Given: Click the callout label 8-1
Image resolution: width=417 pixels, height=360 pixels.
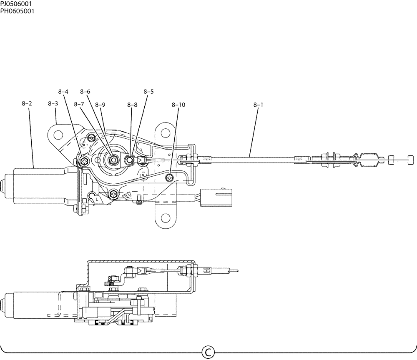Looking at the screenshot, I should tap(258, 105).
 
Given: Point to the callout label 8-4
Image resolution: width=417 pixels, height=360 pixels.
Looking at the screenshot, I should tap(63, 91).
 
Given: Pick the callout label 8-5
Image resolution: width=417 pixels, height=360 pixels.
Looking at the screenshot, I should tap(148, 91).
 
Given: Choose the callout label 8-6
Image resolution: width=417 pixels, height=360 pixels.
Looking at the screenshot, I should tap(85, 91).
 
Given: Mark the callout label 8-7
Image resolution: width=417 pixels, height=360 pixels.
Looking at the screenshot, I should tap(79, 105).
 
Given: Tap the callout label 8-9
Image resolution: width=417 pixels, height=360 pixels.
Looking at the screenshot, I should tap(100, 105).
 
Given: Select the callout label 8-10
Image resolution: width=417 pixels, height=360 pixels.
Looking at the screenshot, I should tap(178, 105).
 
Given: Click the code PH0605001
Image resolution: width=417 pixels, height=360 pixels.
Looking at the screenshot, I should tap(17, 10).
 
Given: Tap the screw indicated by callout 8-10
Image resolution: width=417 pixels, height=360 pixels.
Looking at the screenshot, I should tap(169, 178).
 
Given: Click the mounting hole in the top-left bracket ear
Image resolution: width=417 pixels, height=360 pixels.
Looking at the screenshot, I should tap(58, 135).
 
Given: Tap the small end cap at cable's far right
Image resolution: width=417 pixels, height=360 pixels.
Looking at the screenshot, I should tap(410, 160).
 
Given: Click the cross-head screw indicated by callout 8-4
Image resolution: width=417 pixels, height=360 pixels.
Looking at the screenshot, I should tap(85, 161).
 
